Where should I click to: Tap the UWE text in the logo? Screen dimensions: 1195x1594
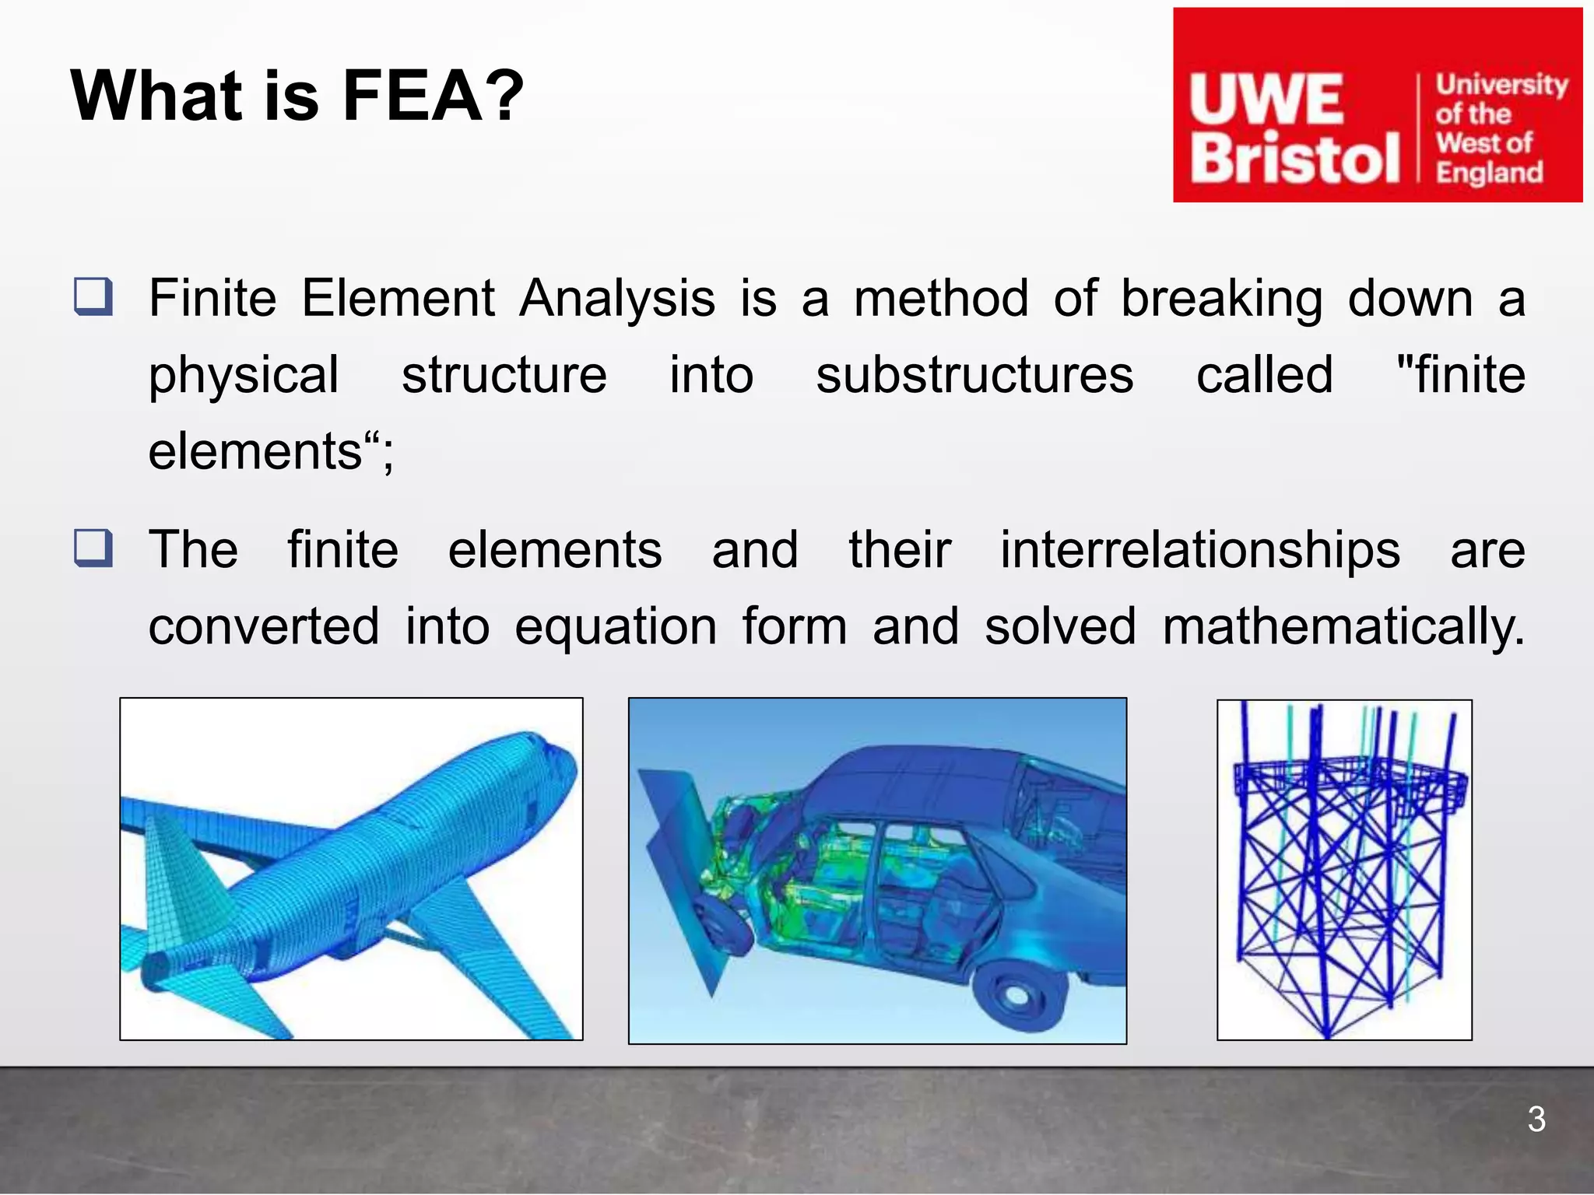tap(1266, 100)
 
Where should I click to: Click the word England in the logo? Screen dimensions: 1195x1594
tap(1488, 173)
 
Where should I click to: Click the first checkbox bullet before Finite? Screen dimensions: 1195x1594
tap(93, 296)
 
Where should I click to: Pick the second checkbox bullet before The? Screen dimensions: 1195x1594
tap(93, 548)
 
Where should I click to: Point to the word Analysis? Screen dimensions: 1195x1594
tap(616, 299)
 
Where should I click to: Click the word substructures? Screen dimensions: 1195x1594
tap(974, 375)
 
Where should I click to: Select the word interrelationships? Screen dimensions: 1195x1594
tap(1199, 550)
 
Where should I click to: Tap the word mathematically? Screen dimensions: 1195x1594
tap(1343, 627)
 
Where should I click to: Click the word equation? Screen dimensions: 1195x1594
tap(616, 627)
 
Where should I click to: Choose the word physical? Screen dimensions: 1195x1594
tap(244, 375)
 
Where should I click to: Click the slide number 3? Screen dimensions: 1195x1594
tap(1536, 1120)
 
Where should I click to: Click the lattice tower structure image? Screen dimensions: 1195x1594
tap(1344, 870)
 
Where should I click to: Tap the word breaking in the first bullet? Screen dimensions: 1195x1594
tap(1221, 299)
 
